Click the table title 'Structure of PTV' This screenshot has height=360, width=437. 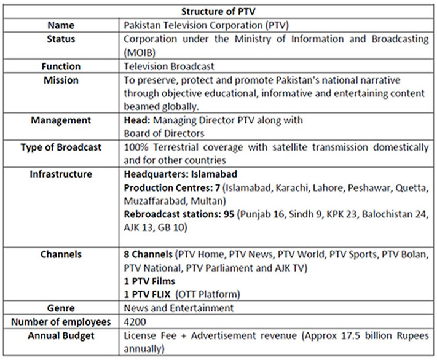(x=218, y=12)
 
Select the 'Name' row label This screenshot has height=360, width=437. (x=61, y=25)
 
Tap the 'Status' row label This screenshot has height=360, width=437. (x=61, y=39)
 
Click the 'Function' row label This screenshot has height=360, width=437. (x=61, y=66)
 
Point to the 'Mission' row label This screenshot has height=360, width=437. (x=61, y=80)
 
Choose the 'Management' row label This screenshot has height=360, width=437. (x=61, y=120)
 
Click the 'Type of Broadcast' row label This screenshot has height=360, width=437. (x=61, y=147)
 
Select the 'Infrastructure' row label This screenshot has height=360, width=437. (x=61, y=174)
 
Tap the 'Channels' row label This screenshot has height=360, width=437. (x=61, y=254)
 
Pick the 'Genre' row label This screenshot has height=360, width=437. (x=61, y=308)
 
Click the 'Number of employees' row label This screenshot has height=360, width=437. (x=61, y=322)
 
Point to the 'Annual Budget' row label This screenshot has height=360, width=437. (x=61, y=335)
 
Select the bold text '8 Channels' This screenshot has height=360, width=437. (x=148, y=254)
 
